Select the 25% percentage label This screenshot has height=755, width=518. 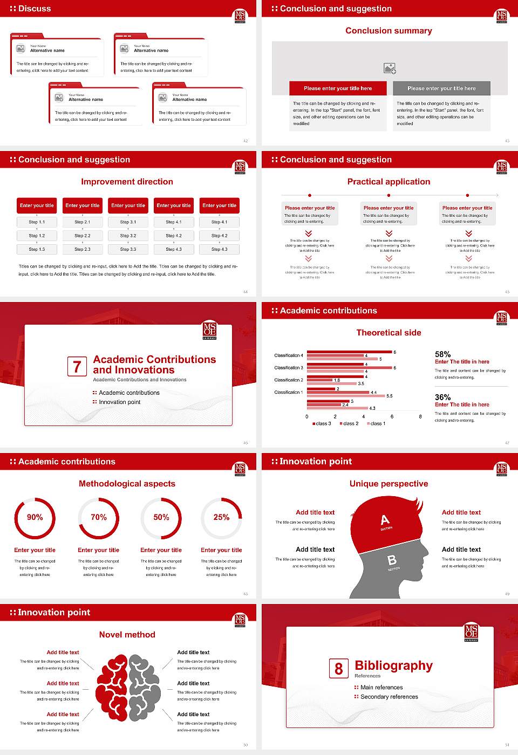pos(221,517)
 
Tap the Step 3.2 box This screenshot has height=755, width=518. pos(128,236)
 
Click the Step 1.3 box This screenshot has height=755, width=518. pos(37,249)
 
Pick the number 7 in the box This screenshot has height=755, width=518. pos(77,367)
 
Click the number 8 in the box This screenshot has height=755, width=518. pos(338,669)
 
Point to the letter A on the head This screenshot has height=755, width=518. pos(385,520)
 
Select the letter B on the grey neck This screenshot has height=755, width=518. pos(392,560)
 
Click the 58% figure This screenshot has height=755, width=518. pos(442,354)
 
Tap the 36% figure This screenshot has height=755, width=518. pos(442,397)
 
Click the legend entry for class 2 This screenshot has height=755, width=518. pos(349,424)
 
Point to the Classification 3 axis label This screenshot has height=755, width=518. pos(289,368)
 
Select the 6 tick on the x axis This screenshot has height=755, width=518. pos(392,417)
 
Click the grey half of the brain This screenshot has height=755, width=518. pos(144,687)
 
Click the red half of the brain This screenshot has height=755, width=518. pos(112,687)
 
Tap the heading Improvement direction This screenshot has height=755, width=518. pos(127,182)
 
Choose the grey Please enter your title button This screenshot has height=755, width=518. pos(441,88)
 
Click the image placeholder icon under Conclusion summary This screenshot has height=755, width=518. pos(390,68)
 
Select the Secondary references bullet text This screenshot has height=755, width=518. pos(389,697)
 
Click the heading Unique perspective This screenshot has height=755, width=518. pos(388,484)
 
